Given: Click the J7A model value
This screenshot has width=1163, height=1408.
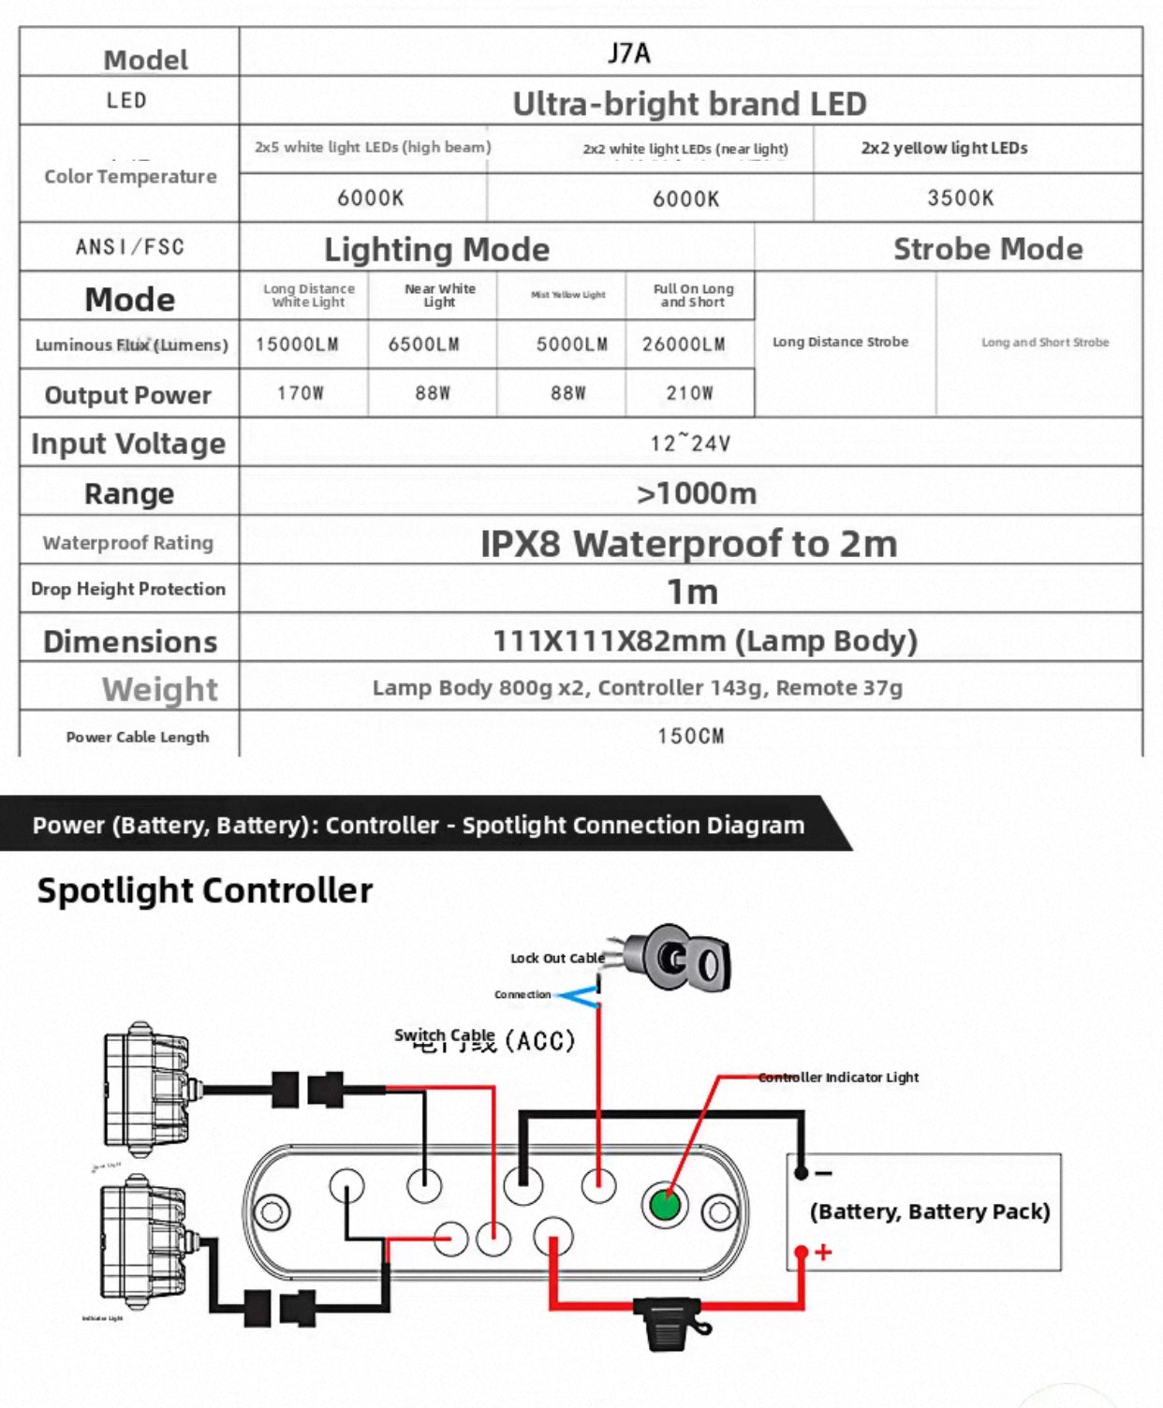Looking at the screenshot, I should coord(628,52).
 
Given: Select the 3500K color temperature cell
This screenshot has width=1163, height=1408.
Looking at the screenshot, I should coord(960,198).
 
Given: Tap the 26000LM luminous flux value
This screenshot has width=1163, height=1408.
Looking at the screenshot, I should coord(684,345).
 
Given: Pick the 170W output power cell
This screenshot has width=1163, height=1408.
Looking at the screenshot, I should coord(301,393).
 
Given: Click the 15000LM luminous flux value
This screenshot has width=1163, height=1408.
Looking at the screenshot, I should coord(297,345).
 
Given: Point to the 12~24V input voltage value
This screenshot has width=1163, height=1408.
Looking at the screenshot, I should coord(690,443).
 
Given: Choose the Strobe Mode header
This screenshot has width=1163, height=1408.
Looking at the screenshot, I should coord(987,249).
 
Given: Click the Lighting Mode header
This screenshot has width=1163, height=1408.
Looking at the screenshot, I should coord(436,250).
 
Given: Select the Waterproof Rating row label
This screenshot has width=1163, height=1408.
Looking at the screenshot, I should coord(128,543).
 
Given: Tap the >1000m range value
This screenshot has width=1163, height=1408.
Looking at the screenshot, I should coord(696,493).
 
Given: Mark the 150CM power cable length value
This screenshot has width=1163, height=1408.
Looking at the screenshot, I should coord(690,736).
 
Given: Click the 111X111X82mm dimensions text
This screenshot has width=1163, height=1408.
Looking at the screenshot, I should coord(704,641).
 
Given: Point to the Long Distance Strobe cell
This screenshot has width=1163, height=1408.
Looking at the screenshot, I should coord(840,343).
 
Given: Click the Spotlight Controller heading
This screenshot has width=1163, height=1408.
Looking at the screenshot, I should coord(204,890).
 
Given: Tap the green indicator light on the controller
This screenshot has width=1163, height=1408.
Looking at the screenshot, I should coord(665,1204).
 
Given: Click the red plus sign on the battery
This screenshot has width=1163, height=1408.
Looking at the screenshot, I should coord(823,1253).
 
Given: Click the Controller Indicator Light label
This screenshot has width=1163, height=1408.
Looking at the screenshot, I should coord(838,1078).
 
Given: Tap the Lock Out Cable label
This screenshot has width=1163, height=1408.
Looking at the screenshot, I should coord(556,959).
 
